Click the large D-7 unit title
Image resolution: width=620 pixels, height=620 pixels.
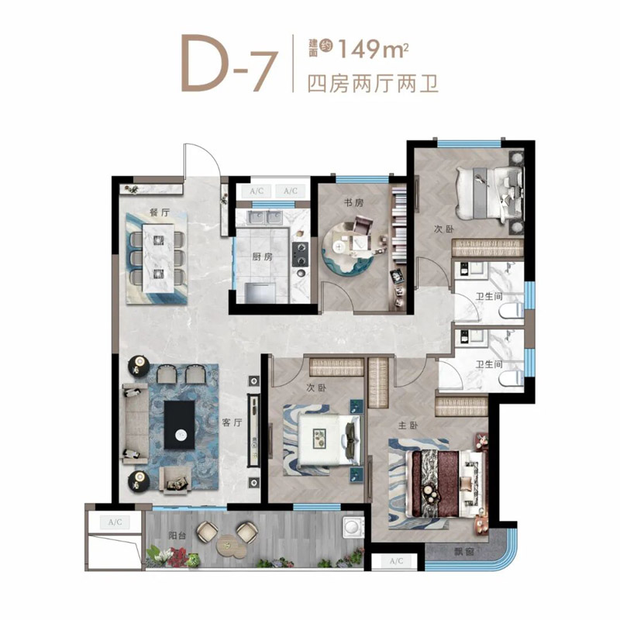coord(228,64)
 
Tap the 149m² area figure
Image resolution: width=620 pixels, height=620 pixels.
coord(374,50)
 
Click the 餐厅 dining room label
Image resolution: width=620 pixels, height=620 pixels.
coord(160,212)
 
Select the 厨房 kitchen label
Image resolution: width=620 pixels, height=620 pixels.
coord(262,257)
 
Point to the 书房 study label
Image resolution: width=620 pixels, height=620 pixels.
coord(353,203)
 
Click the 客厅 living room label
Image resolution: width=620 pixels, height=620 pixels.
coord(232,422)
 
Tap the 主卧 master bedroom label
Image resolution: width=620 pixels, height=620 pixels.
coord(408,425)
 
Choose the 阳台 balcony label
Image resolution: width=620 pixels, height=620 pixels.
coord(177,536)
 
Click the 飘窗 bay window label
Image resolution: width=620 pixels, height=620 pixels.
coord(463,551)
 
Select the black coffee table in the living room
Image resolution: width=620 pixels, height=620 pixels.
coord(180,425)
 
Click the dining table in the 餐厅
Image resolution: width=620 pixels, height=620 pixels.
coord(158,259)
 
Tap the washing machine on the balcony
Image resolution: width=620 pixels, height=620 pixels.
coord(353,527)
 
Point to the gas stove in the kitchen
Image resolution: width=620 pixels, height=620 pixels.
coord(300,254)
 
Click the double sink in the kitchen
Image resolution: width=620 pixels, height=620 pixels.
coord(264,218)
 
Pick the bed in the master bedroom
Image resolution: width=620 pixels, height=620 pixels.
coord(447,484)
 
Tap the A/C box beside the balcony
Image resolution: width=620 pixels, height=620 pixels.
coord(115,522)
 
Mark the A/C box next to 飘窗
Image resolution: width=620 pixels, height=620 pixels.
coord(397,561)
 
